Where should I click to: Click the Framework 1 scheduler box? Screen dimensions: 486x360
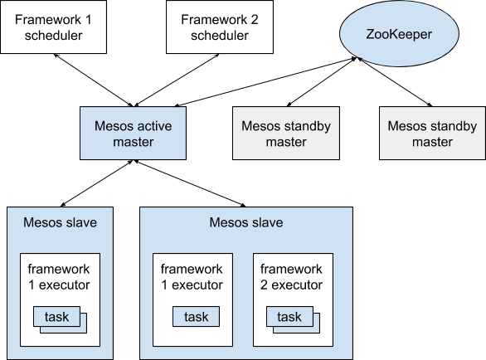pos(54,27)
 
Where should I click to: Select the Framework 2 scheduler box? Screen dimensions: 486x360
pos(220,27)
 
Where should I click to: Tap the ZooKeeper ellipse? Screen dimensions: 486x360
pos(399,33)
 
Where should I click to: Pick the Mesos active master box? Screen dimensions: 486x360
pos(133,134)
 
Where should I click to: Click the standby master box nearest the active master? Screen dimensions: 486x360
pos(286,134)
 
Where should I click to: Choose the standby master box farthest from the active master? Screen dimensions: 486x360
pos(432,134)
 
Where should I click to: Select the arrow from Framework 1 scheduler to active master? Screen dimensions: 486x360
pos(94,80)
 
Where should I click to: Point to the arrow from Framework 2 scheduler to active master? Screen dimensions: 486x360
pos(177,80)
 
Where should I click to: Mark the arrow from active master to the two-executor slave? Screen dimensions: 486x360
pos(189,183)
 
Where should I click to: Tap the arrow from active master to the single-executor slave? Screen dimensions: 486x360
pos(97,183)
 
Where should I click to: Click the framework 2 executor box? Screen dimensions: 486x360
pos(294,299)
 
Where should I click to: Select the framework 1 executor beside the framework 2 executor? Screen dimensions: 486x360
pos(192,299)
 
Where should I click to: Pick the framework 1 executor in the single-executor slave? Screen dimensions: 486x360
pos(61,299)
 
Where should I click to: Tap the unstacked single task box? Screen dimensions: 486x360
pos(197,317)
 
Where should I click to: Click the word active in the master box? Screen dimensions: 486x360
pos(154,126)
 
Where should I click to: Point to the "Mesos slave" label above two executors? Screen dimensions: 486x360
pos(246,222)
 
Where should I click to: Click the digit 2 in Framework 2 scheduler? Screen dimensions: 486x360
pos(255,20)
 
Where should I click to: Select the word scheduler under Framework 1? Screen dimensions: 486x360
pos(54,35)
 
